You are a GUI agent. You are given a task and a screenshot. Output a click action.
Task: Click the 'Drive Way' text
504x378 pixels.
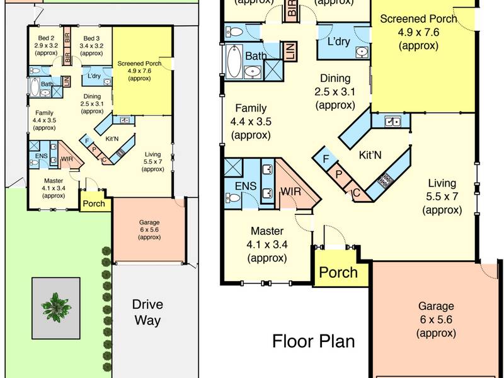tap(147, 312)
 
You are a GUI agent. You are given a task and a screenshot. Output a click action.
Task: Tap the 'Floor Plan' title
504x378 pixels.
tap(313, 341)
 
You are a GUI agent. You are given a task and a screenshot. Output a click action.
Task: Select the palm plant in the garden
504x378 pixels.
tap(56, 307)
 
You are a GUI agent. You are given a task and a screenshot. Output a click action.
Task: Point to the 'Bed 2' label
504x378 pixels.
tap(46, 38)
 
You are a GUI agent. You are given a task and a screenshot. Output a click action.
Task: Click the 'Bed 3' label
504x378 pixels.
tap(91, 38)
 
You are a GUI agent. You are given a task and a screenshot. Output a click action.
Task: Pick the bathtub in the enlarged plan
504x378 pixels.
tap(234, 61)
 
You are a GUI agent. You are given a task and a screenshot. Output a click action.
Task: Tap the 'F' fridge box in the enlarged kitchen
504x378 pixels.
tap(326, 159)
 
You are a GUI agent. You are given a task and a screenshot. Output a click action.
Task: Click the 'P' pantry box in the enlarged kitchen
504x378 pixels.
tap(338, 175)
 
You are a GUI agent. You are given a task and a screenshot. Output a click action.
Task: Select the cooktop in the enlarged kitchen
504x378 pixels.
tap(386, 180)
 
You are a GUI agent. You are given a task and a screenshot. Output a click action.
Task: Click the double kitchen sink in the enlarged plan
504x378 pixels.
tap(392, 122)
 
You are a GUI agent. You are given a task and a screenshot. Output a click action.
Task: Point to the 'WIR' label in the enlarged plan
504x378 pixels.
tap(291, 192)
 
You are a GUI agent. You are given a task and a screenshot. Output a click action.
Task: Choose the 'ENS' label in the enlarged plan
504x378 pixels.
tap(246, 186)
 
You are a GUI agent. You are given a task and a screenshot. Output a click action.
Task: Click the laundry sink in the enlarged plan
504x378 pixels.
tap(362, 52)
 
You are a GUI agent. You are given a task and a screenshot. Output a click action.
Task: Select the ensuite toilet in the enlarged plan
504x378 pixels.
tap(232, 197)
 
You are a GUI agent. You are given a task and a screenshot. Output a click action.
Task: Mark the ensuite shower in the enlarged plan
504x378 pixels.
tap(233, 168)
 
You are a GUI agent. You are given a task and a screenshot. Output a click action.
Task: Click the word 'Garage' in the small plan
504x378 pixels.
tap(149, 222)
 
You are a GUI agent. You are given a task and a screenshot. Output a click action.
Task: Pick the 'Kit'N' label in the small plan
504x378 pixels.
tap(112, 139)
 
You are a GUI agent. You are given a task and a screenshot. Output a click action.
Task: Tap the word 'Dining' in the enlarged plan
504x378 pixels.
tap(335, 78)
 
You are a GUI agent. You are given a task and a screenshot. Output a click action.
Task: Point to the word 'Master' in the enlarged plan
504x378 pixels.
tap(267, 231)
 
